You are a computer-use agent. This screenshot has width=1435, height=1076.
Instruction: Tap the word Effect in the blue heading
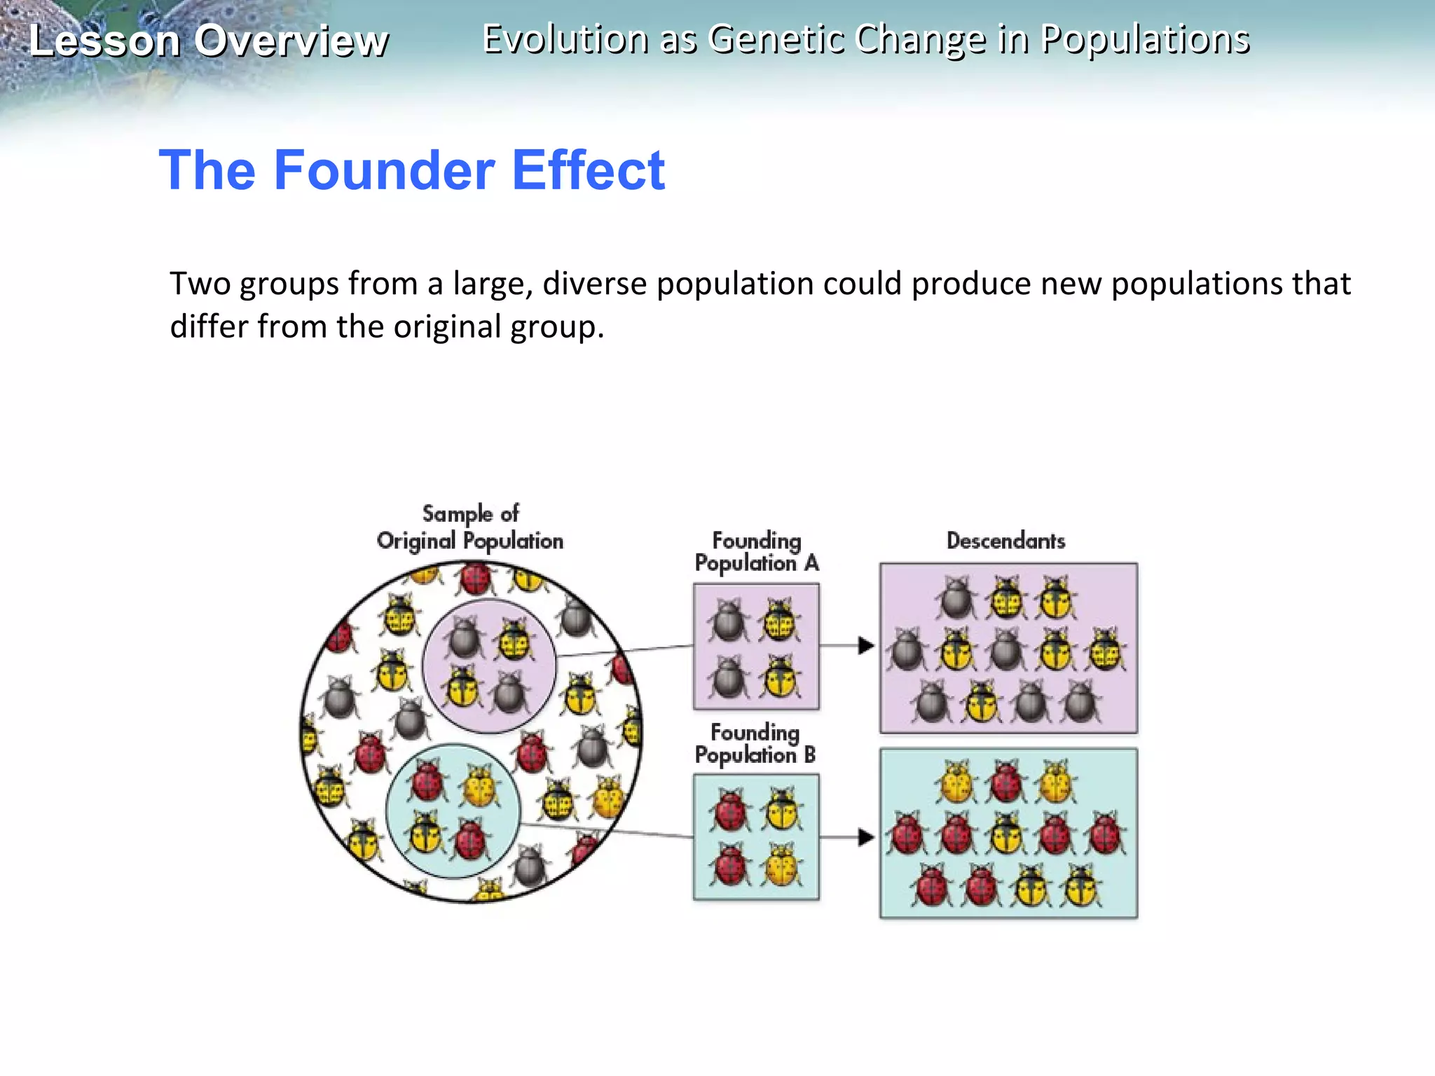coord(589,170)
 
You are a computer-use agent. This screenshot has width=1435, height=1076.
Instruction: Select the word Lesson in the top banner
coord(104,41)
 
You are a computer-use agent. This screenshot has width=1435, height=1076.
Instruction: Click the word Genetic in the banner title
coord(776,39)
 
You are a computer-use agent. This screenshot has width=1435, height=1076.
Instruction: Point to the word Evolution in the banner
coord(565,39)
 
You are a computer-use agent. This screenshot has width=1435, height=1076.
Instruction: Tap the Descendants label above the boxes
coord(1005,541)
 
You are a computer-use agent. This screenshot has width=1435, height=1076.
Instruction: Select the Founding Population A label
coord(757,552)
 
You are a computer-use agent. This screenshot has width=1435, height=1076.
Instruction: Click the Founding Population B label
coord(755,744)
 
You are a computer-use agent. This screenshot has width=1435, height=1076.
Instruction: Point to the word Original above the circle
coord(416,542)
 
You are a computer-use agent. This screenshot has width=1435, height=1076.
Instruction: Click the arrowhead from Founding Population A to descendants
coord(866,645)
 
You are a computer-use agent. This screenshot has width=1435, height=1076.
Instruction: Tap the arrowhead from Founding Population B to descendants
coord(866,837)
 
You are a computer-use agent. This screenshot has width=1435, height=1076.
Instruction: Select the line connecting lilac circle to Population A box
coord(624,651)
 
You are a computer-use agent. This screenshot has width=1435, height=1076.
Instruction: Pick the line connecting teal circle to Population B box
coord(607,831)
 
